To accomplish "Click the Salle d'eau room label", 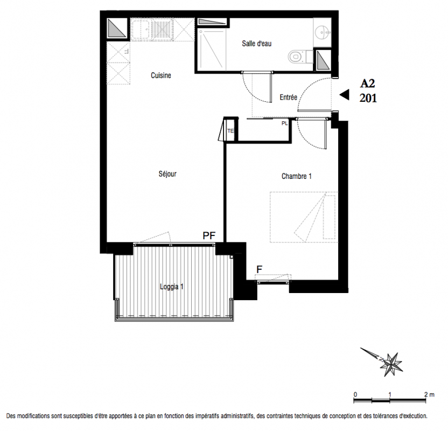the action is pyautogui.click(x=256, y=44).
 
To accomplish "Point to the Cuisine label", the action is pyautogui.click(x=161, y=75).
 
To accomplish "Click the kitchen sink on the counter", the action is pyautogui.click(x=140, y=29).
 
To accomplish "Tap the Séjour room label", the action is pyautogui.click(x=167, y=174).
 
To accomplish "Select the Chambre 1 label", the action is pyautogui.click(x=297, y=176).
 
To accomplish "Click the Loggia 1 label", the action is pyautogui.click(x=171, y=287).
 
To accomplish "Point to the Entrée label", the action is pyautogui.click(x=288, y=98).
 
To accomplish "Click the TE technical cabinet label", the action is pyautogui.click(x=230, y=131).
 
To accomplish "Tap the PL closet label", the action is pyautogui.click(x=284, y=123).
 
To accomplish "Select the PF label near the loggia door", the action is pyautogui.click(x=209, y=235).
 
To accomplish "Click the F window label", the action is pyautogui.click(x=260, y=269).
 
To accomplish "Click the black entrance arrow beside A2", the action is pyautogui.click(x=344, y=95).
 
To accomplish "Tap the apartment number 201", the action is pyautogui.click(x=368, y=98).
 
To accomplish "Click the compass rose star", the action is pyautogui.click(x=391, y=364).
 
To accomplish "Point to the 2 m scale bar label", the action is pyautogui.click(x=429, y=395).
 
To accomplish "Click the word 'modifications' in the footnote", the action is pyautogui.click(x=33, y=416).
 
